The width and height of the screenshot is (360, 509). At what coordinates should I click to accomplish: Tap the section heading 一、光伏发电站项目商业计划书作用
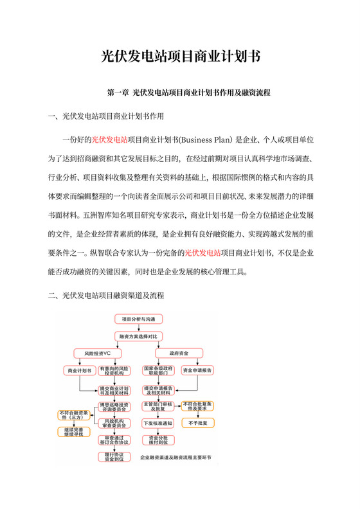(106, 117)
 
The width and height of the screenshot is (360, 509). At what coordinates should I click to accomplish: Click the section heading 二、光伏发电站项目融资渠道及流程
(106, 296)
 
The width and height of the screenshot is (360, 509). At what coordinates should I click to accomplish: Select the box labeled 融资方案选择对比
(138, 336)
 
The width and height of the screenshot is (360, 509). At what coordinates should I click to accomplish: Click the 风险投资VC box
(97, 353)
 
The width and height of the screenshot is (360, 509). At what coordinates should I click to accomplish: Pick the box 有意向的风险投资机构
(113, 371)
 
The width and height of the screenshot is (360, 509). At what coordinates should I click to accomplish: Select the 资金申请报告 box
(198, 371)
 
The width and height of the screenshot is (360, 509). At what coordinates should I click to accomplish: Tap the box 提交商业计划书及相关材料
(113, 390)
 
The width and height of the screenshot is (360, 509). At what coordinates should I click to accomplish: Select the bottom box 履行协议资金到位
(113, 457)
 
